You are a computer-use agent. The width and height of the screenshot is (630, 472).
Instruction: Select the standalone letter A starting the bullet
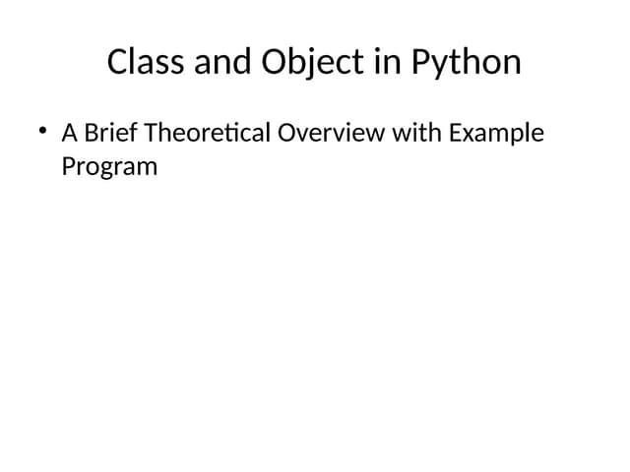(x=70, y=132)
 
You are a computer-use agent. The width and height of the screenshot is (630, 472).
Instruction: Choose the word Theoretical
(x=208, y=132)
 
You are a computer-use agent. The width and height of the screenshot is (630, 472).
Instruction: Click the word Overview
(x=331, y=132)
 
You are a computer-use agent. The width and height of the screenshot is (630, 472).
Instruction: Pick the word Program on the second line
(x=109, y=166)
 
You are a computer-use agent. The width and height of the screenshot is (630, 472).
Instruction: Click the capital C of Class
(x=117, y=62)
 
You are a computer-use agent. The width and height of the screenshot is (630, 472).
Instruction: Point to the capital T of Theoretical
(x=151, y=132)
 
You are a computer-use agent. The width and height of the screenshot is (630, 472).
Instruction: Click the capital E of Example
(x=454, y=132)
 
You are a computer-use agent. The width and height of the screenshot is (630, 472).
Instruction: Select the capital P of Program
(x=68, y=165)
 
